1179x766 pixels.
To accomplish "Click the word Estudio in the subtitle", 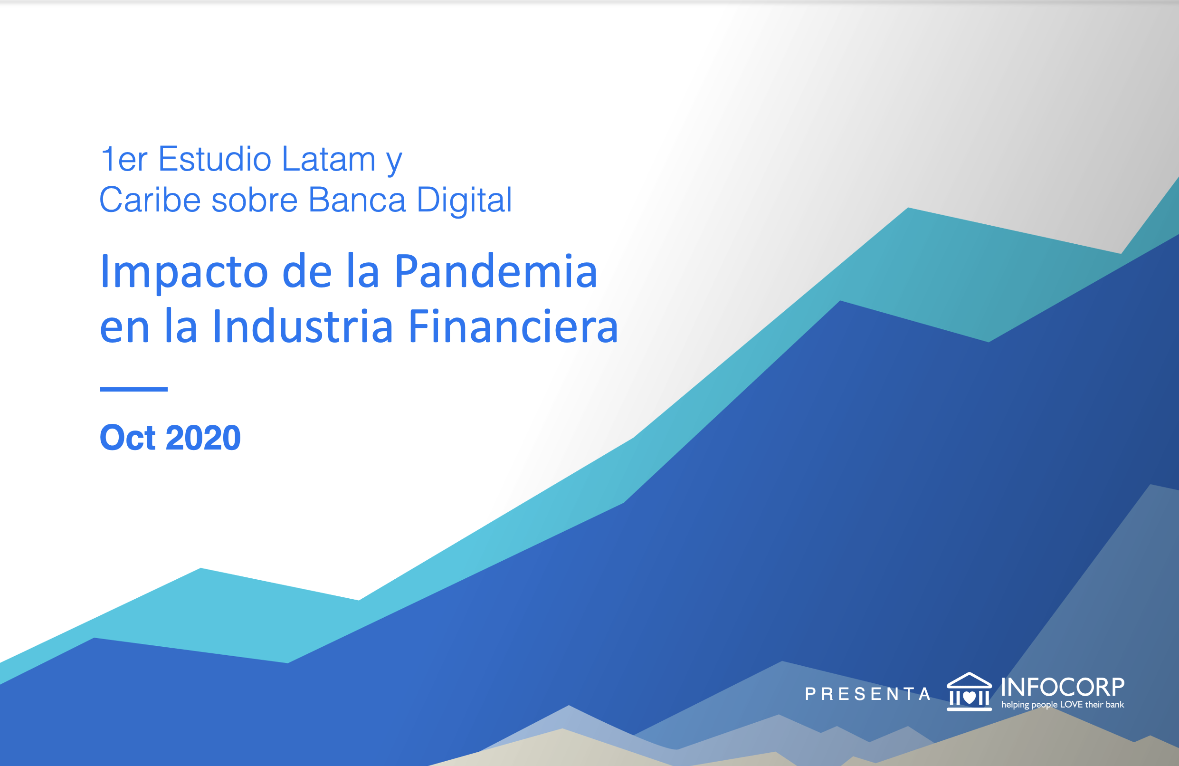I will click(x=215, y=160).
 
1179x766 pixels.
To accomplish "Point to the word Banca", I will click(x=357, y=200).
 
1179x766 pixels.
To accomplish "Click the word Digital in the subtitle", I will click(x=464, y=201).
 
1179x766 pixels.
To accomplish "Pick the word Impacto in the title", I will click(x=184, y=272).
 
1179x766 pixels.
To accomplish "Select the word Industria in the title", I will click(x=303, y=326).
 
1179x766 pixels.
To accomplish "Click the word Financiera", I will click(x=513, y=326).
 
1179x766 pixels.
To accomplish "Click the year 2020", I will click(x=203, y=438).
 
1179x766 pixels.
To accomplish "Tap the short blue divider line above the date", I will click(x=134, y=390).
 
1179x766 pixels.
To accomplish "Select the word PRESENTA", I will click(x=868, y=694).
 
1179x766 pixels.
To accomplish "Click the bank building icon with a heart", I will click(x=969, y=692).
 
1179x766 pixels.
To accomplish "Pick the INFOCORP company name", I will click(x=1062, y=687).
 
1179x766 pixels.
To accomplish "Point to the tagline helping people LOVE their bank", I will click(x=1063, y=705).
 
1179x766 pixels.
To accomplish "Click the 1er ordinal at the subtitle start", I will click(x=124, y=160).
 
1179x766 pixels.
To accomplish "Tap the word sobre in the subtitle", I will click(x=254, y=200).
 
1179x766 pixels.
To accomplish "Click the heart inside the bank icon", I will click(x=969, y=698).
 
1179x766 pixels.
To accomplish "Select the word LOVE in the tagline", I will click(x=1072, y=705).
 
